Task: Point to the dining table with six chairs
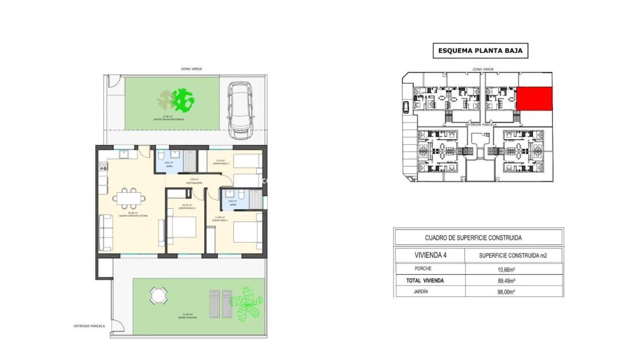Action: (129, 197)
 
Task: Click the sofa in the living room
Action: (106, 233)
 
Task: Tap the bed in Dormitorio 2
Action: (183, 227)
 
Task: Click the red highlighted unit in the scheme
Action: (534, 99)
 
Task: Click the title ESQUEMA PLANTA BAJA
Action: (480, 51)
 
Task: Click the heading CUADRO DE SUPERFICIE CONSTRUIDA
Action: (478, 238)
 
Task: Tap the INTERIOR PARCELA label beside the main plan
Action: (89, 326)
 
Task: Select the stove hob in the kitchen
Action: (104, 167)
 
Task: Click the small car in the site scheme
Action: (408, 106)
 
